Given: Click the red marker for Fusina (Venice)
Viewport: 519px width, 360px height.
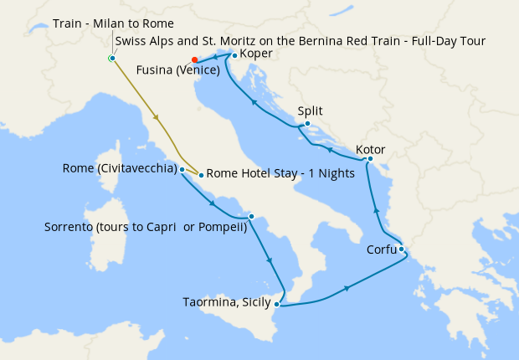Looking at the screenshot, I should coord(194,59).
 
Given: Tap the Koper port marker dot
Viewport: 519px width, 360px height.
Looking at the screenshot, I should coord(234,55).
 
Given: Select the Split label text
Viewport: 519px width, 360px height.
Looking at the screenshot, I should coord(310,111).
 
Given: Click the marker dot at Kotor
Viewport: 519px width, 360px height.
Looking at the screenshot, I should coord(370,158).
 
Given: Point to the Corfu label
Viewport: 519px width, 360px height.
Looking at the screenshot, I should coord(381,249).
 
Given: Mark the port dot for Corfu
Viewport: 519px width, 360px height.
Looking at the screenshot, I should coord(401,249).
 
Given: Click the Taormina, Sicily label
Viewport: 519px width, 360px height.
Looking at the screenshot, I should coord(224,303).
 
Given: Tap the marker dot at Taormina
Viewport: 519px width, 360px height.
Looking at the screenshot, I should coord(277,304).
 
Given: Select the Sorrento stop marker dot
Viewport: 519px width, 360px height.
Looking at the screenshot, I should coord(251,215).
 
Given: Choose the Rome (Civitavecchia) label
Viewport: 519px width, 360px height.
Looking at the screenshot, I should coord(119,168).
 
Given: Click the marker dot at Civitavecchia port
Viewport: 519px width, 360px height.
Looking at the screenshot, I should coord(182,169).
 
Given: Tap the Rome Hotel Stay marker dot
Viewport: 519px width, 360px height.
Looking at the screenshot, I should coord(201,174).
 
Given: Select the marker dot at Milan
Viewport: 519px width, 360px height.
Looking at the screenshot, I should coord(111,58).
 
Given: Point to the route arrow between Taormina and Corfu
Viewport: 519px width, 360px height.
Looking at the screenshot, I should coord(346,289).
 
